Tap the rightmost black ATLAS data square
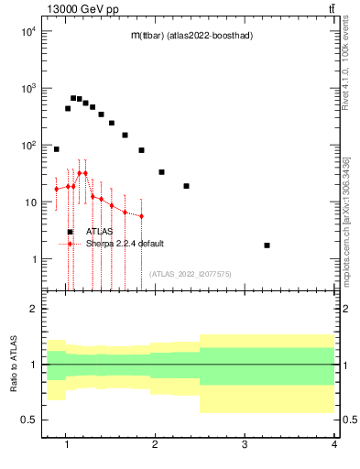click(x=267, y=245)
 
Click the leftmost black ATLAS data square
click(x=56, y=148)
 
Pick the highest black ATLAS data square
click(x=73, y=98)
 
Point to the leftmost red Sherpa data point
click(x=56, y=189)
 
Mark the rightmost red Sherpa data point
click(x=141, y=216)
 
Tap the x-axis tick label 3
click(x=245, y=444)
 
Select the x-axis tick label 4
click(x=334, y=444)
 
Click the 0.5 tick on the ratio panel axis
click(x=27, y=420)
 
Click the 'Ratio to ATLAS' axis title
click(x=13, y=364)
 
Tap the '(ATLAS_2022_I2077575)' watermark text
click(x=190, y=273)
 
